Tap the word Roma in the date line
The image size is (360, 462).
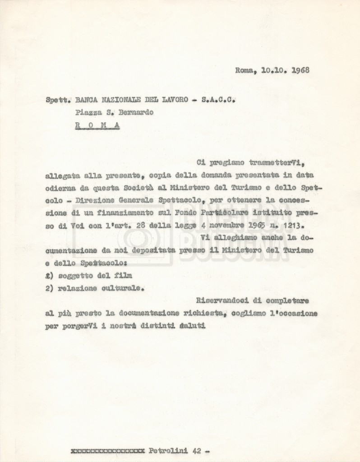(x=244, y=70)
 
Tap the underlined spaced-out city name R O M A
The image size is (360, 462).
(x=97, y=127)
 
